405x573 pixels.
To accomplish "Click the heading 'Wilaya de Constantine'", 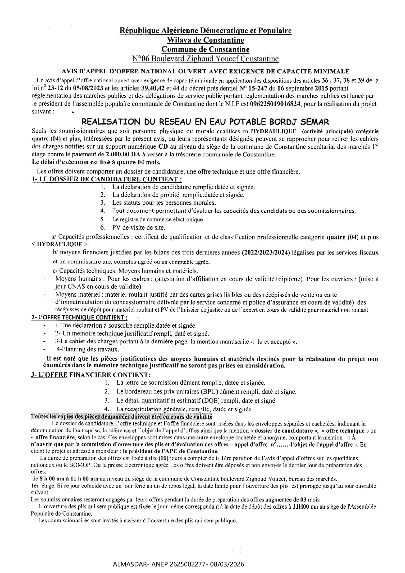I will (205, 40).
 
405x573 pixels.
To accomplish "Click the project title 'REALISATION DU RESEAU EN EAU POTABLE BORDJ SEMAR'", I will (205, 122).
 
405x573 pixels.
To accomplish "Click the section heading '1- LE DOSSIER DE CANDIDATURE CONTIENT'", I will (107, 179).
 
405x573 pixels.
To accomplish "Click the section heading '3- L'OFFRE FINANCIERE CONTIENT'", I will (91, 375).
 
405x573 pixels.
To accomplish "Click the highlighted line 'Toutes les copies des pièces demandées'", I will (121, 417).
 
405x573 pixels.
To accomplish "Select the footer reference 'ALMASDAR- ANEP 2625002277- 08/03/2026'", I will (179, 565).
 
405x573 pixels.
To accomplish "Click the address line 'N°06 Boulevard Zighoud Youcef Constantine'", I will (205, 59).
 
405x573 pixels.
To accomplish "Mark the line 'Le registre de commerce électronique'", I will (157, 220).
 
